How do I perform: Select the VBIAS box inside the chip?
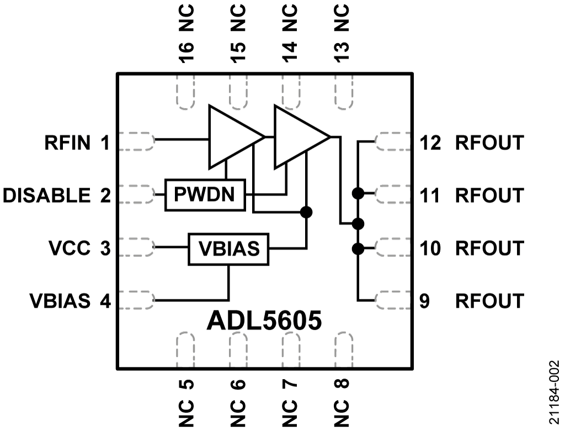click(x=228, y=248)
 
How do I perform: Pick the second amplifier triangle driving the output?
click(x=299, y=136)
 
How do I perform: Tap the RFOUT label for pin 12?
click(x=489, y=143)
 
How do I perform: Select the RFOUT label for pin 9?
click(x=489, y=301)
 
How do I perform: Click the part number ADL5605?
click(x=264, y=321)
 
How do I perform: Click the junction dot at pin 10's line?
click(x=358, y=249)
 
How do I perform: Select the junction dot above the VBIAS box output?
click(x=306, y=211)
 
